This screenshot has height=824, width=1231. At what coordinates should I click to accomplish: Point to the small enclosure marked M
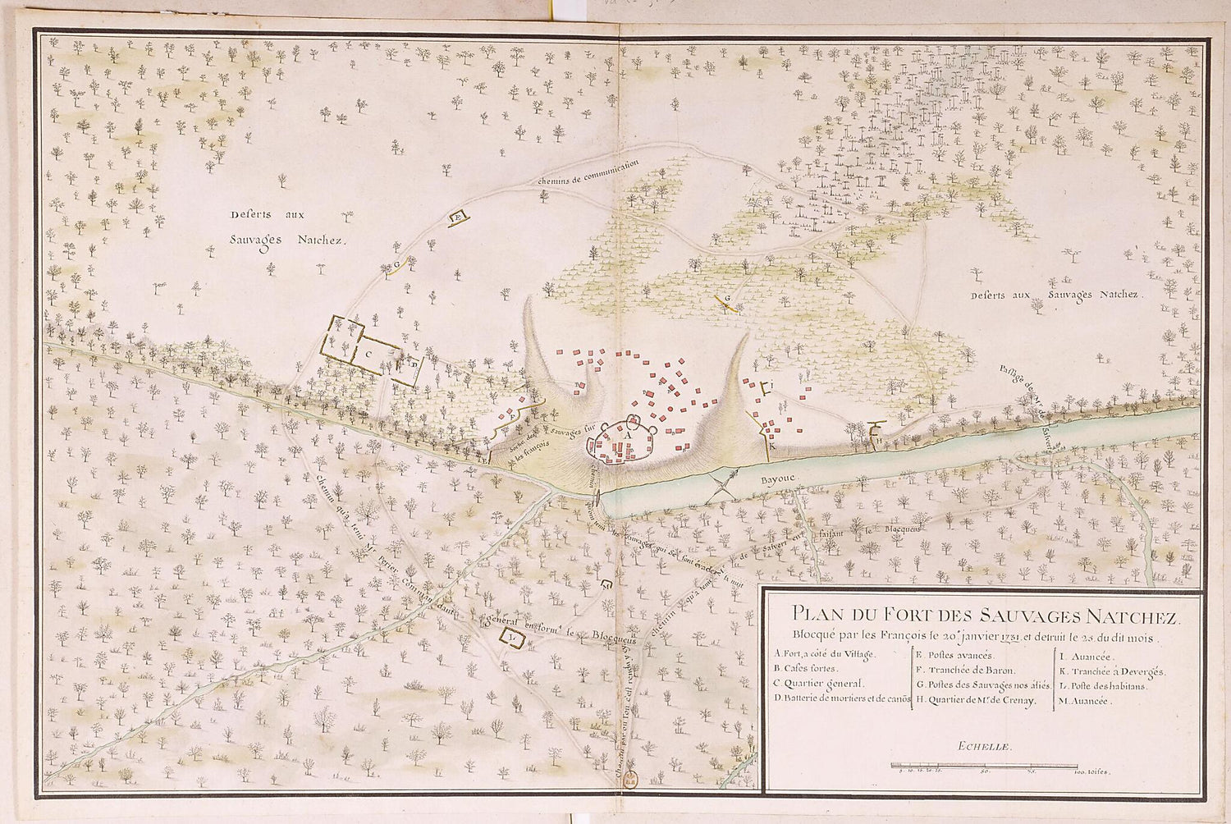(x=606, y=586)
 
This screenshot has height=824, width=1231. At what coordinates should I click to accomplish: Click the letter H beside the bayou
(x=877, y=439)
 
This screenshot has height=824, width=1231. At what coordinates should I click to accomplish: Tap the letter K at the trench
(x=772, y=447)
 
